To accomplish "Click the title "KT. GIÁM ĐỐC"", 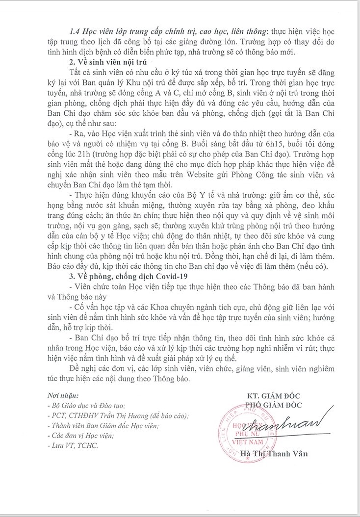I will point(273,396).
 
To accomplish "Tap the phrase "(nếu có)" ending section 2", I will point(317,265).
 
